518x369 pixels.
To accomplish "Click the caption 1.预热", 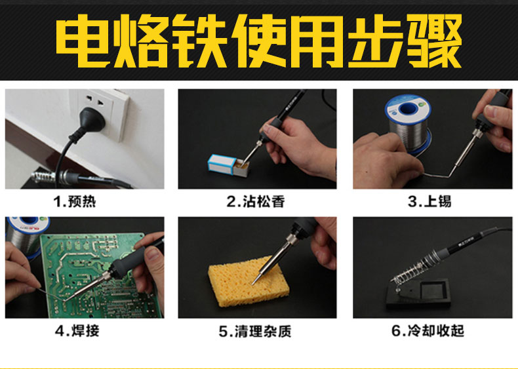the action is (x=75, y=201).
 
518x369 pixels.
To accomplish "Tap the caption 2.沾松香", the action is (x=256, y=201).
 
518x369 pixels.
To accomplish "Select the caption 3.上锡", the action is (x=429, y=201).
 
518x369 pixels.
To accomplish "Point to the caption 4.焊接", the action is (x=77, y=331).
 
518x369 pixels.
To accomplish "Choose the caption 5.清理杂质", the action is (x=255, y=332).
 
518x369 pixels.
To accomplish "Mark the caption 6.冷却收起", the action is (x=428, y=331).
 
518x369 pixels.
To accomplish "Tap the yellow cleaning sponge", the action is (x=249, y=281).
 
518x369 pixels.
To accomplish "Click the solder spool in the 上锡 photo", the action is (x=409, y=124).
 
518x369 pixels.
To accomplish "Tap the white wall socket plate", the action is (x=99, y=114).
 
